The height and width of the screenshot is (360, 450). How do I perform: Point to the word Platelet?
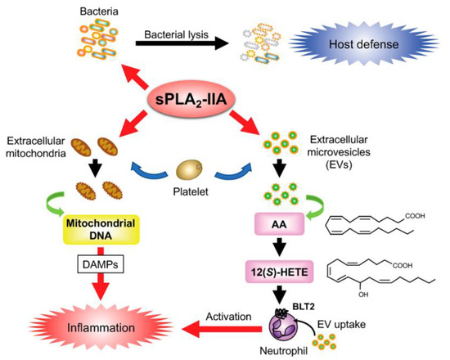point(194,197)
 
